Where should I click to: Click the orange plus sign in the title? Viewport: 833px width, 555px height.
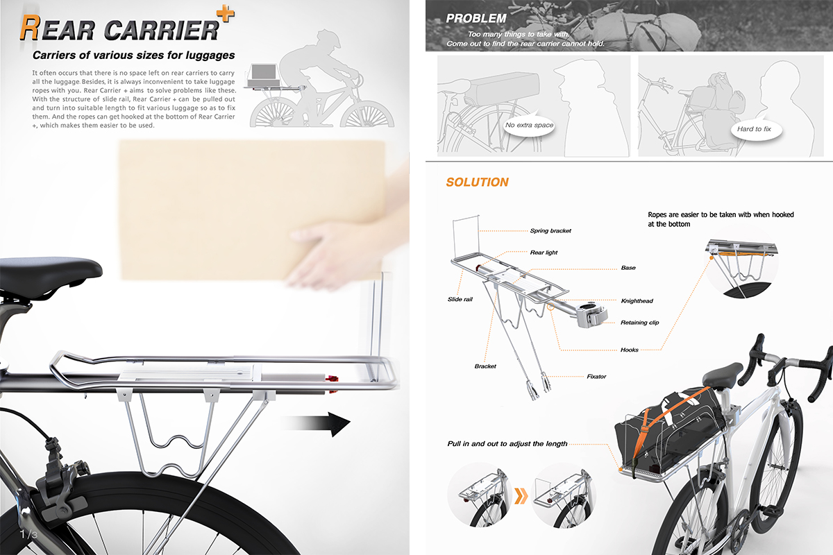[x=226, y=14]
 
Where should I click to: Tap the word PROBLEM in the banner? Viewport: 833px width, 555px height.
[x=476, y=18]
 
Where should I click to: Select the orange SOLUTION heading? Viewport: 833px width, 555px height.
[x=477, y=182]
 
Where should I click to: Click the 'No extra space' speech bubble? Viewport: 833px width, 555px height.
[x=529, y=126]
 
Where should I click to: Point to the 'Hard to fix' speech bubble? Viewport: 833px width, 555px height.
[x=754, y=129]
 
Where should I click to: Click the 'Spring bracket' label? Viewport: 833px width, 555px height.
[x=550, y=231]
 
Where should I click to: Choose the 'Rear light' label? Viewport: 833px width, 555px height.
[x=544, y=253]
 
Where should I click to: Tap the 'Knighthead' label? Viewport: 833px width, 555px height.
[x=637, y=300]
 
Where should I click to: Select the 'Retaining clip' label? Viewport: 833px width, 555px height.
[x=639, y=323]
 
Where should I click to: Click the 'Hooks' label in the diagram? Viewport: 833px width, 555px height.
[x=629, y=350]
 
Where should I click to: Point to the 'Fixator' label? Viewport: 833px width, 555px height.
[x=596, y=377]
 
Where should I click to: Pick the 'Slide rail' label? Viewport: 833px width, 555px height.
[x=460, y=299]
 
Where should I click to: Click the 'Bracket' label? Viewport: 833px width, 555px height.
[x=485, y=366]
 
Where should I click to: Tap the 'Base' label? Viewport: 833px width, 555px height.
[x=628, y=268]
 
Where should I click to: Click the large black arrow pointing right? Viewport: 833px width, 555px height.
[x=316, y=423]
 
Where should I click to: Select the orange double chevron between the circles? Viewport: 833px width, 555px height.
[x=521, y=496]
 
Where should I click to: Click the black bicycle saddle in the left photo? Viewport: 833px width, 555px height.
[x=49, y=273]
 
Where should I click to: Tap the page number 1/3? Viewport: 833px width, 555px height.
[x=28, y=535]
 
